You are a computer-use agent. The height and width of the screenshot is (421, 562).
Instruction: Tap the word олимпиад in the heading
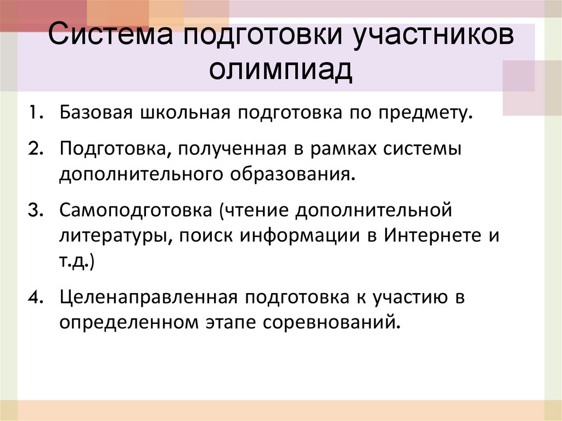[281, 70]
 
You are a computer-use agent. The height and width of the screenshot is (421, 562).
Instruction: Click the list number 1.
[36, 115]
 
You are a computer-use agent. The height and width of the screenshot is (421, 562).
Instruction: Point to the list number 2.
[36, 150]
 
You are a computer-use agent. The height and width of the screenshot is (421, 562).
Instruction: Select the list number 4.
[36, 297]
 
